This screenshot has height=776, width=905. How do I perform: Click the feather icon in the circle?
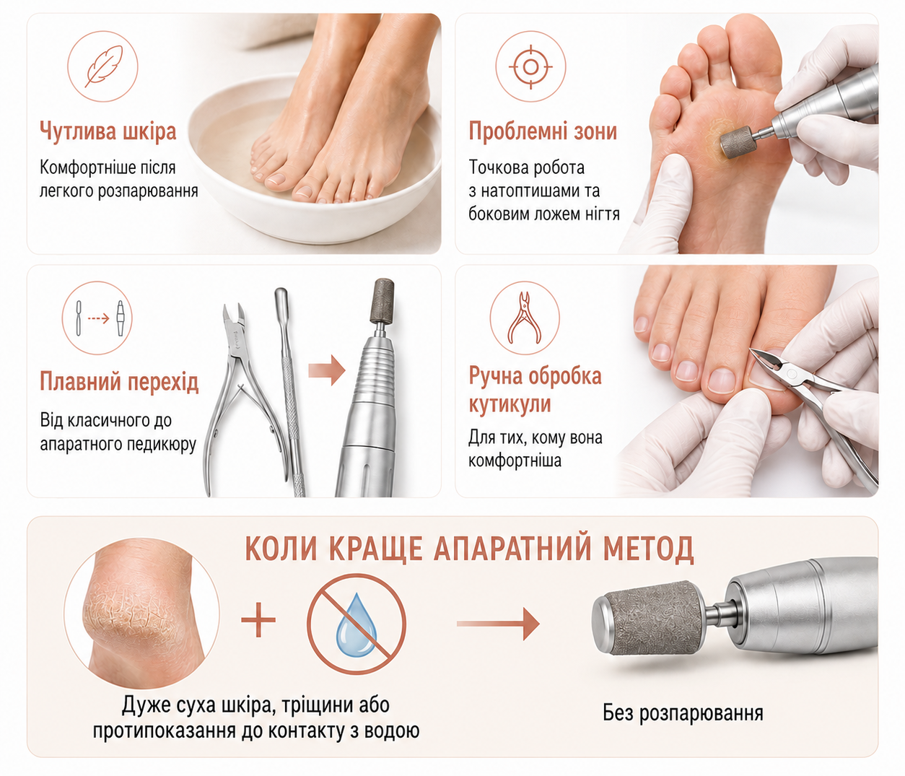tap(102, 66)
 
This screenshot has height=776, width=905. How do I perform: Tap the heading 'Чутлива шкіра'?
tap(108, 131)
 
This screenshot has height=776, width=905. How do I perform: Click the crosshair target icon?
tap(530, 67)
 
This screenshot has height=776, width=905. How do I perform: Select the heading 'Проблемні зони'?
tap(543, 131)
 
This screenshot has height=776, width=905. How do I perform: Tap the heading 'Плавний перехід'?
tap(119, 381)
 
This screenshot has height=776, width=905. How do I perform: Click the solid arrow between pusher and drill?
tap(327, 370)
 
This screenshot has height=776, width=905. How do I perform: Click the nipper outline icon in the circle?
tap(525, 318)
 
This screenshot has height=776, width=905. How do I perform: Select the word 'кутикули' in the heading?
tap(510, 404)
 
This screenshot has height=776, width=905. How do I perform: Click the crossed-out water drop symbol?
tap(356, 624)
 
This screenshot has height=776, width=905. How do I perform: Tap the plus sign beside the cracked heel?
tap(258, 619)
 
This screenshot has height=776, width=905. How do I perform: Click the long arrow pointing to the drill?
tap(498, 624)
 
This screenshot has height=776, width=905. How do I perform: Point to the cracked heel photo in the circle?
tap(142, 613)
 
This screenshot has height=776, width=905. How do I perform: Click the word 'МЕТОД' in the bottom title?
tap(648, 548)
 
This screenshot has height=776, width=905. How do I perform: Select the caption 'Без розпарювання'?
tap(683, 712)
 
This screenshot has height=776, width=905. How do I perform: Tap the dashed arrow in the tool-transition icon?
tap(99, 318)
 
